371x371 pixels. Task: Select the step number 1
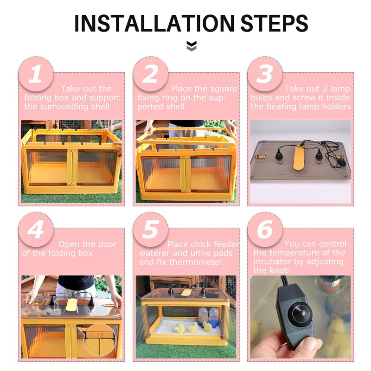[x=36, y=75]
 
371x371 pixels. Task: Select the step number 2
[x=150, y=75]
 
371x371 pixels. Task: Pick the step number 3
[x=265, y=75]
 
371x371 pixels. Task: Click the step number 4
[x=36, y=230]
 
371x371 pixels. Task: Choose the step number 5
[x=150, y=230]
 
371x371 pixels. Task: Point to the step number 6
[x=265, y=230]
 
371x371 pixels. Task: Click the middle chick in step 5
[x=192, y=328]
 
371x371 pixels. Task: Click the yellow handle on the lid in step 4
[x=72, y=304]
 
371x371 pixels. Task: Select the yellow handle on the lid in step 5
[x=186, y=292]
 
